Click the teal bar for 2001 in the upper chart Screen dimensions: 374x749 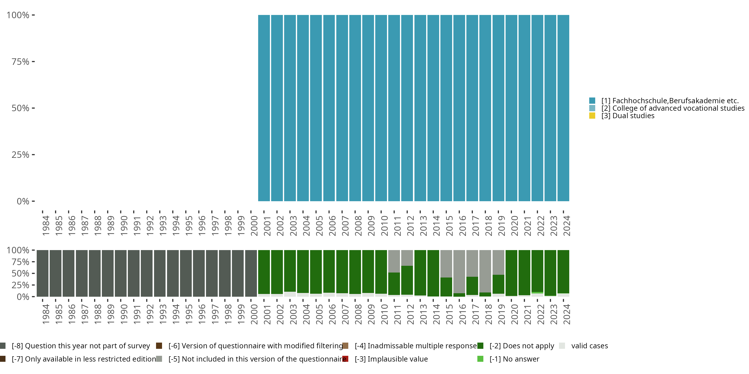click(264, 108)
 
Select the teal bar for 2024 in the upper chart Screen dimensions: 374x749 click(563, 108)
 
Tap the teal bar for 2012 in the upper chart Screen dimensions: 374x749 click(407, 108)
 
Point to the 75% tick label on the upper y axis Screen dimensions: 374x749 click(20, 62)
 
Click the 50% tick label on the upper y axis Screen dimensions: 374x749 click(20, 108)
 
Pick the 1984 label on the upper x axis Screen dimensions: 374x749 click(46, 226)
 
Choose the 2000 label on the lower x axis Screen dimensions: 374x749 click(254, 314)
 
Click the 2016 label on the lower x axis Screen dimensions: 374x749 click(462, 314)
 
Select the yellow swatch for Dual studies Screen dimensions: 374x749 click(592, 116)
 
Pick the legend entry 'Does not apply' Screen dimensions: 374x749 click(522, 346)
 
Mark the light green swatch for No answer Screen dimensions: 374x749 click(480, 359)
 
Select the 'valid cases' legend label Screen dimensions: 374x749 click(589, 346)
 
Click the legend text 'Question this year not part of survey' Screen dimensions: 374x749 click(81, 346)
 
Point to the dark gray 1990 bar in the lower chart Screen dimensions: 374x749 click(121, 273)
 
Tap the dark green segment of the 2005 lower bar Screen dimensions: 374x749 click(316, 272)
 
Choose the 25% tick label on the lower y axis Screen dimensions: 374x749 click(20, 285)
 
